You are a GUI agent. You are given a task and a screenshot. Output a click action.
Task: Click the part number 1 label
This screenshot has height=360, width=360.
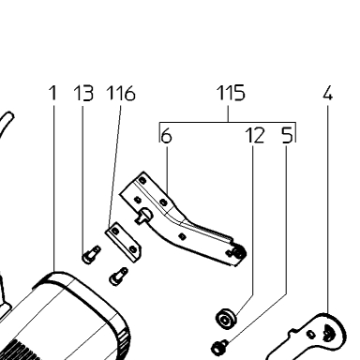(x=53, y=93)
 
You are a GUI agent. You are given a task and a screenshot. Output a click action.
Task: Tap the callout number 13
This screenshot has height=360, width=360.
(x=83, y=93)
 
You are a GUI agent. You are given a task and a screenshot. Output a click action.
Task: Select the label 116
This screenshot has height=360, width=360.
(x=121, y=93)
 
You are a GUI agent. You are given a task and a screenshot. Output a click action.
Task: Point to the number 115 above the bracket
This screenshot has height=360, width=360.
(x=231, y=93)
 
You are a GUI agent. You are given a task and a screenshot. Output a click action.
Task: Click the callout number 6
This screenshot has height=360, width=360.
(x=166, y=136)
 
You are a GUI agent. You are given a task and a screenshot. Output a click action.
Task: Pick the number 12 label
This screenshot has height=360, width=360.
(x=254, y=136)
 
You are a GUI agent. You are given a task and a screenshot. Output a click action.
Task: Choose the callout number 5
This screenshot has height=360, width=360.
(x=287, y=136)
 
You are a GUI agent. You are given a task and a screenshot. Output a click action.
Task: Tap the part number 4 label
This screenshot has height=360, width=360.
(x=327, y=93)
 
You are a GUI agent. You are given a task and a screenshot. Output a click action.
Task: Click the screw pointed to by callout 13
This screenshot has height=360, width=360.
(x=91, y=254)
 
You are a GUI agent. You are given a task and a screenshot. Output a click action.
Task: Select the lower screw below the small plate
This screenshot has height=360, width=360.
(x=118, y=277)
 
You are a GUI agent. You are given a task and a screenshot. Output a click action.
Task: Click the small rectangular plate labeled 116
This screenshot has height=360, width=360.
(x=123, y=242)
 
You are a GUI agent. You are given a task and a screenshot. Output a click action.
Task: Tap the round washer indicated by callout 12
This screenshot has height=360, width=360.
(x=226, y=319)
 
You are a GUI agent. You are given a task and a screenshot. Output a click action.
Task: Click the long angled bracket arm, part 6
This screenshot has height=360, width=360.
(x=181, y=218)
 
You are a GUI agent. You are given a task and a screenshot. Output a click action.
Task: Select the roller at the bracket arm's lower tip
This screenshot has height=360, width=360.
(x=240, y=252)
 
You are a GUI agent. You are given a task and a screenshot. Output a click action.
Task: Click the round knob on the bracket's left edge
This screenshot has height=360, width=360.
(x=144, y=216)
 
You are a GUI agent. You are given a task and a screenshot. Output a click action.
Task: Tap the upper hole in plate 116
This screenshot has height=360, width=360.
(x=115, y=231)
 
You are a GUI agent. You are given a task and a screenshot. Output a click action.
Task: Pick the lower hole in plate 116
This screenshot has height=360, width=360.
(x=132, y=249)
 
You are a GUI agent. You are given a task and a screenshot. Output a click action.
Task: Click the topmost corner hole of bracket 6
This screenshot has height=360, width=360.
(x=142, y=180)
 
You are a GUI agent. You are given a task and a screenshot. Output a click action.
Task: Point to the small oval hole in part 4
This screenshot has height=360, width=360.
(x=311, y=334)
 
